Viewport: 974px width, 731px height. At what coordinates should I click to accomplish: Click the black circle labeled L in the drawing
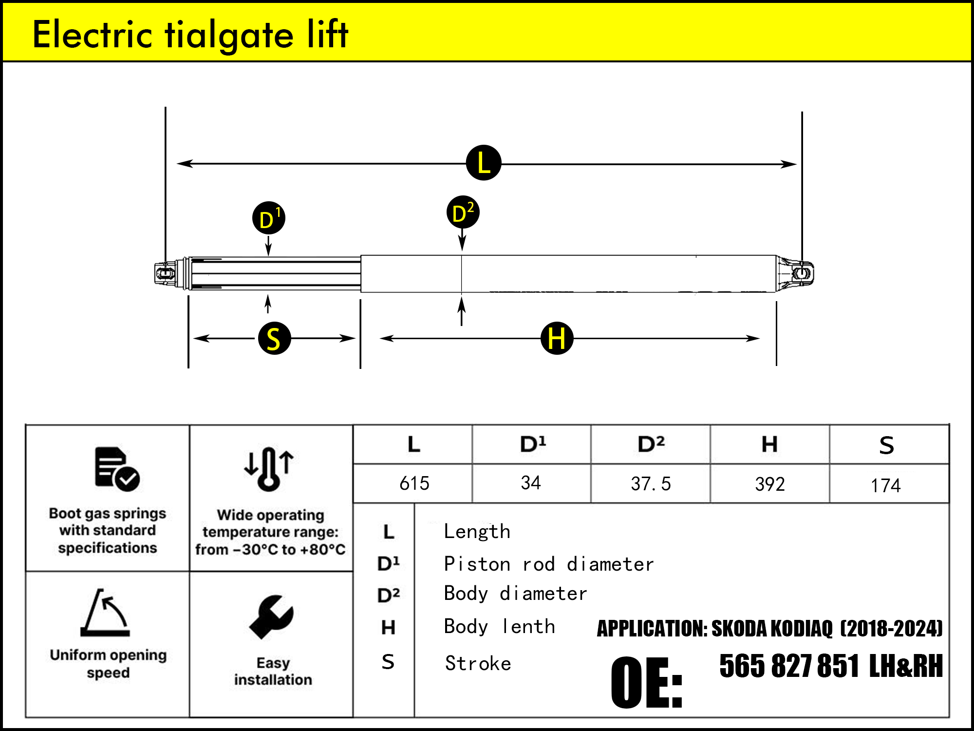[x=483, y=163]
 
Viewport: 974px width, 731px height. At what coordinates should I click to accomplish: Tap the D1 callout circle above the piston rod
[x=268, y=218]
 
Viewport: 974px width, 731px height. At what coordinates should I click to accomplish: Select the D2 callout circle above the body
[x=463, y=212]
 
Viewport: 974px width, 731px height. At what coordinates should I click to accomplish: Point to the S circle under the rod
[x=274, y=338]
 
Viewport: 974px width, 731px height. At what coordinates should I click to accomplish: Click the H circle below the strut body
[x=557, y=338]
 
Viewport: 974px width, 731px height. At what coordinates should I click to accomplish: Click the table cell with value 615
[x=414, y=483]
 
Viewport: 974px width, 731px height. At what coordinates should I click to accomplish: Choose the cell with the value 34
[x=531, y=483]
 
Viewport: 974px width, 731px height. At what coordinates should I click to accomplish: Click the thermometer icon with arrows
[x=269, y=469]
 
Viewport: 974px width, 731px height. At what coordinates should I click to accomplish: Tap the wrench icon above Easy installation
[x=271, y=616]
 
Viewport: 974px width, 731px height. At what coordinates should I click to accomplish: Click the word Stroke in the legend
[x=478, y=663]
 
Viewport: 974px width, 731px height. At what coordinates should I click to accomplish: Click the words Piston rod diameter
[x=549, y=564]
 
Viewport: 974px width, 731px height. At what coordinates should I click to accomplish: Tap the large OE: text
[x=647, y=682]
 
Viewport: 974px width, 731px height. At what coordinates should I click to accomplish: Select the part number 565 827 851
[x=789, y=666]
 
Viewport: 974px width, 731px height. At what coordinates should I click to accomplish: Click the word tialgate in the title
[x=229, y=35]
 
